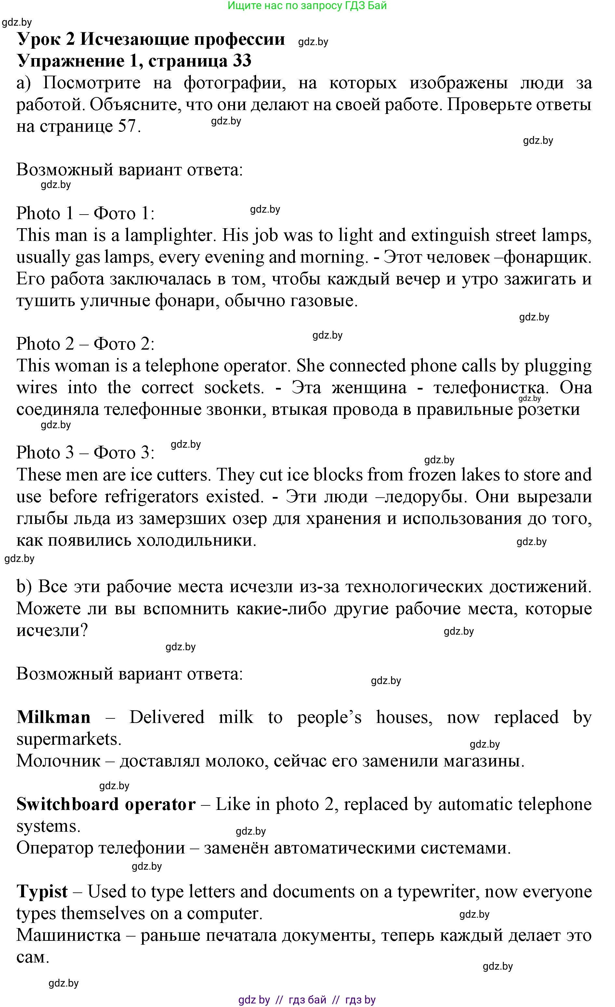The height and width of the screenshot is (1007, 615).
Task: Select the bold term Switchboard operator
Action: [106, 805]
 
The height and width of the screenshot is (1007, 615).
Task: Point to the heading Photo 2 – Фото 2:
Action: [85, 344]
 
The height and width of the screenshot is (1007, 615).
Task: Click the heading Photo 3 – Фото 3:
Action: [85, 453]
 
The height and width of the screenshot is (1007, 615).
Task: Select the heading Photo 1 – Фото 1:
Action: [85, 214]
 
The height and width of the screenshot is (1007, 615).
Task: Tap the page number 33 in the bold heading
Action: [242, 61]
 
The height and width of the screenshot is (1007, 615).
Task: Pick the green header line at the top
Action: [307, 6]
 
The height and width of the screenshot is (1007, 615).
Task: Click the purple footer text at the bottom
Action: [307, 1000]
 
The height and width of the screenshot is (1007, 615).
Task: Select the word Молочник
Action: [58, 761]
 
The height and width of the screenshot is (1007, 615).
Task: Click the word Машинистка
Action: [68, 935]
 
